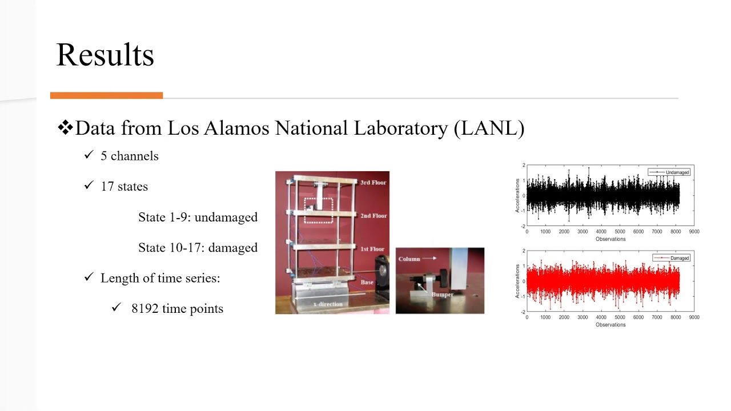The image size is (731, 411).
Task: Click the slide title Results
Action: click(x=105, y=55)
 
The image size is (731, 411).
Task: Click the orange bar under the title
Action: click(x=106, y=95)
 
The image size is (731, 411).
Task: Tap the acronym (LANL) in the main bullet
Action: click(x=489, y=128)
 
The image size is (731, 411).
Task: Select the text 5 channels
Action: click(x=129, y=156)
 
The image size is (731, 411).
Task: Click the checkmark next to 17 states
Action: click(x=89, y=186)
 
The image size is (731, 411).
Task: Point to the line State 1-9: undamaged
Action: click(x=198, y=217)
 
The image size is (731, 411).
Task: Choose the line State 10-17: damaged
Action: click(x=198, y=248)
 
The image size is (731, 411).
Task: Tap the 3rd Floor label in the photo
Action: click(x=373, y=183)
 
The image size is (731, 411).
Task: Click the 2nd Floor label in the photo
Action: click(x=373, y=216)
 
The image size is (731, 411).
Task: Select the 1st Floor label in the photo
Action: click(x=372, y=249)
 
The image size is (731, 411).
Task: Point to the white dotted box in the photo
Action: click(x=318, y=210)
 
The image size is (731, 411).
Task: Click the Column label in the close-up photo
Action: click(x=409, y=259)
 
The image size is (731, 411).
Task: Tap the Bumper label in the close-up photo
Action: click(x=442, y=295)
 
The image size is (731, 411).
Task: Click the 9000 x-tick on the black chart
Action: click(x=693, y=232)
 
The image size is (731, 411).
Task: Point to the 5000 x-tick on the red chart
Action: click(x=620, y=317)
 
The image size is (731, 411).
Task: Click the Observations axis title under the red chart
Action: click(x=610, y=325)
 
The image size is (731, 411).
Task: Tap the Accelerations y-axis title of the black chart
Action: click(x=518, y=195)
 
